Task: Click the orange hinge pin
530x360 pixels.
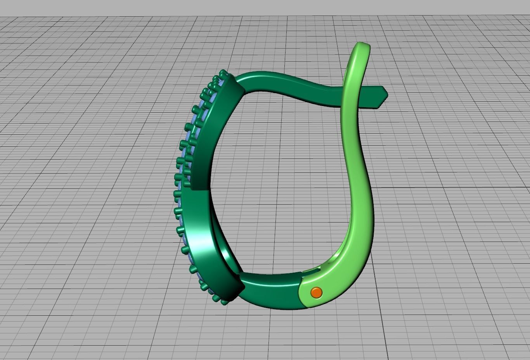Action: point(317,292)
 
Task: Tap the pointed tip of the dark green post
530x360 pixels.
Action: point(386,93)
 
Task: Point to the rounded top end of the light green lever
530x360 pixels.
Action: point(362,47)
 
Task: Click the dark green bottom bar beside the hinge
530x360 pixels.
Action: point(272,289)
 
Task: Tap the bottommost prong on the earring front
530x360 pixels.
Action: point(224,301)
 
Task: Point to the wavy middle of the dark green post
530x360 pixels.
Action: point(303,83)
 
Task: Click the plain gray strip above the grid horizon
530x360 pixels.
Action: point(265,8)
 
